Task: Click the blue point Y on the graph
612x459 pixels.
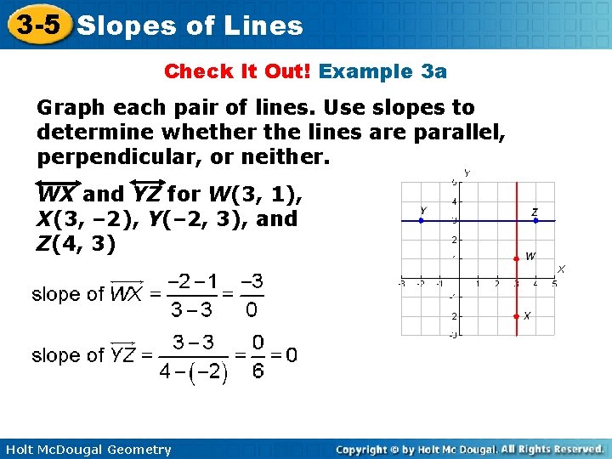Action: [x=422, y=220]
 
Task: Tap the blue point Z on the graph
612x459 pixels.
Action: [x=535, y=220]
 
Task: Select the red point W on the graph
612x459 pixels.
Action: [x=516, y=258]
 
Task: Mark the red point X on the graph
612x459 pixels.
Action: [x=516, y=316]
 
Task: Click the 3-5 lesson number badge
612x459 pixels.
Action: [x=36, y=24]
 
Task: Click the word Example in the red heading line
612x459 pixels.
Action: [x=366, y=71]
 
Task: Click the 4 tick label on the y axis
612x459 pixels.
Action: [x=456, y=202]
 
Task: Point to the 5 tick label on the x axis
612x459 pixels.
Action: [x=554, y=283]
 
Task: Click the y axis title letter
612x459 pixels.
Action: [x=467, y=173]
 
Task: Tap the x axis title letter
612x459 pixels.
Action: [x=561, y=269]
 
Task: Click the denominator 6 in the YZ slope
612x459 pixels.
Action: [x=258, y=371]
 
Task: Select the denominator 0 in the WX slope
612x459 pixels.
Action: [x=251, y=310]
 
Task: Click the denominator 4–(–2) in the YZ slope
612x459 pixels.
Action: [x=193, y=372]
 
